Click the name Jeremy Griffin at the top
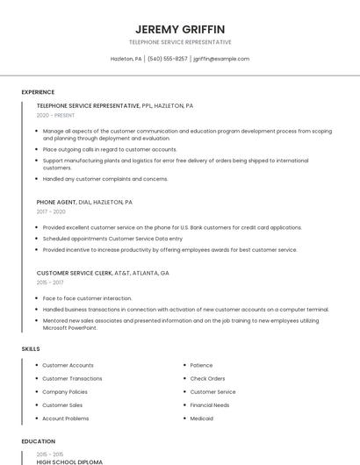tap(180, 29)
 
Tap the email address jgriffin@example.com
tap(221, 59)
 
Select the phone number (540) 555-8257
tap(167, 59)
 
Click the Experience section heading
tap(38, 92)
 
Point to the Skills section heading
tap(31, 349)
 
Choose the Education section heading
tap(38, 441)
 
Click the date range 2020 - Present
tap(55, 115)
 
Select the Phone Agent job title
tap(57, 202)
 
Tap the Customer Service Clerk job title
tap(75, 273)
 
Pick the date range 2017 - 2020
tap(51, 211)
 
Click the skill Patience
tap(201, 365)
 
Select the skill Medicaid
tap(201, 418)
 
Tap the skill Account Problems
tap(66, 418)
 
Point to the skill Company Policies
tap(65, 391)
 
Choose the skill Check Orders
tap(207, 378)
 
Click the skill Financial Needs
tap(210, 405)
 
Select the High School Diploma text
tap(69, 461)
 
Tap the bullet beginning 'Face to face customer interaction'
tap(87, 298)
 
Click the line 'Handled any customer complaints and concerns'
tap(104, 179)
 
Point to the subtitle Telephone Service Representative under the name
tap(180, 42)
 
